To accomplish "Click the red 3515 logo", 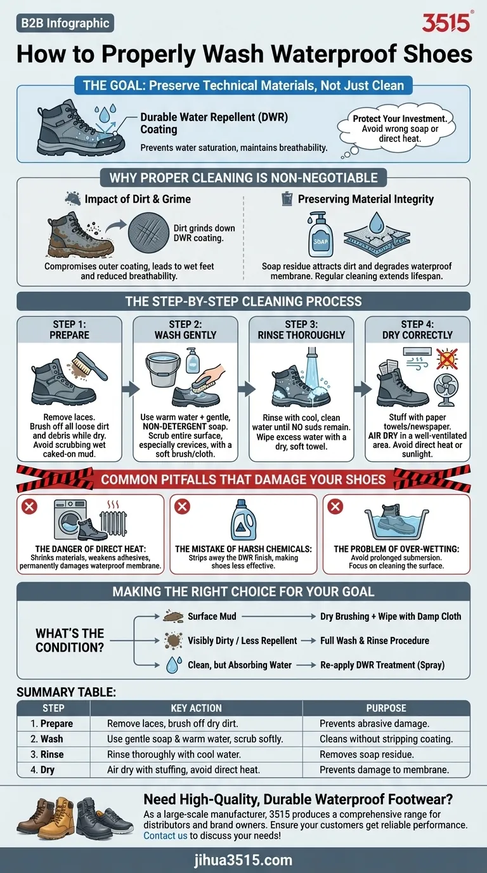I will pos(446,23).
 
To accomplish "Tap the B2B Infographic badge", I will pos(65,23).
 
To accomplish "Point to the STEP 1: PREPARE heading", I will pos(68,329).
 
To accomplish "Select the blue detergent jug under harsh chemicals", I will pos(243,518).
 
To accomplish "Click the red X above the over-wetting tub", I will pos(335,506).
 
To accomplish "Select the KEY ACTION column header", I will pos(196,708).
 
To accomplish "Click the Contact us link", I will pos(165,836).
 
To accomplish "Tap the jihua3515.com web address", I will pos(243,860).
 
